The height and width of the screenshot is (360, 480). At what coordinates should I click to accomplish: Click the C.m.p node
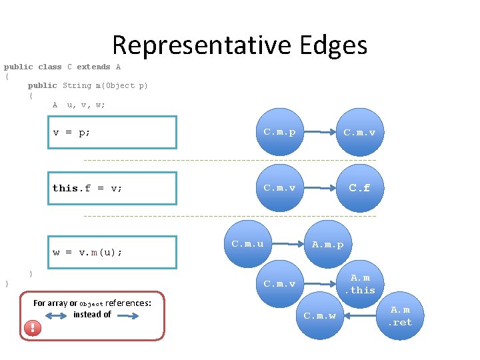pyautogui.click(x=279, y=132)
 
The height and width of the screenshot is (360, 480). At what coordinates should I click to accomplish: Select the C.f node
pyautogui.click(x=359, y=188)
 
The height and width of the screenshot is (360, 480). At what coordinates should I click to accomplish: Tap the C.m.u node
pyautogui.click(x=247, y=244)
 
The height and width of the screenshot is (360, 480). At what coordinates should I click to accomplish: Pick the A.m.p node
pyautogui.click(x=328, y=244)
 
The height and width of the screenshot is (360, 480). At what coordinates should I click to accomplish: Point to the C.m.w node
pyautogui.click(x=320, y=315)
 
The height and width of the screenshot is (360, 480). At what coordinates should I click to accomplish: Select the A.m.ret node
pyautogui.click(x=401, y=316)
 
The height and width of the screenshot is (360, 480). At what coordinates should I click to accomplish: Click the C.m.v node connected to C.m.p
pyautogui.click(x=359, y=132)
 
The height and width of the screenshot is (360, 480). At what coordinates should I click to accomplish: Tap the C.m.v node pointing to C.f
pyautogui.click(x=279, y=188)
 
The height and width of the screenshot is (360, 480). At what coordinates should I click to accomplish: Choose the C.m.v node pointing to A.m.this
pyautogui.click(x=279, y=284)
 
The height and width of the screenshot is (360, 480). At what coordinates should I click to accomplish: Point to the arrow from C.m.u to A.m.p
pyautogui.click(x=287, y=244)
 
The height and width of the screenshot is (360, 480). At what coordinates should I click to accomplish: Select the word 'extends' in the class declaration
pyautogui.click(x=93, y=67)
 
